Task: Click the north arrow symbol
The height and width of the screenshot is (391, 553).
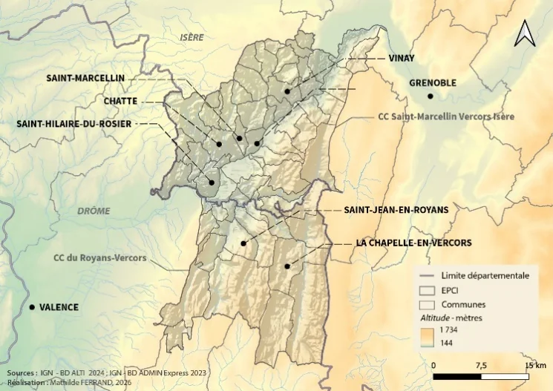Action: point(525,33)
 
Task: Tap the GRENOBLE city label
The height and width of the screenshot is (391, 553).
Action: point(433,83)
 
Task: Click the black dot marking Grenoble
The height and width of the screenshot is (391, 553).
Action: point(430,96)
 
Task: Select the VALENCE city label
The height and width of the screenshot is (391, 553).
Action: point(59,307)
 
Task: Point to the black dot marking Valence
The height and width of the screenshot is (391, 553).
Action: point(32,306)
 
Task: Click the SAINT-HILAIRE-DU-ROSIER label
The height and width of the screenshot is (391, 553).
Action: point(73,124)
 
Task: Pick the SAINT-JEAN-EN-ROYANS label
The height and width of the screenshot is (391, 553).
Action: point(396,210)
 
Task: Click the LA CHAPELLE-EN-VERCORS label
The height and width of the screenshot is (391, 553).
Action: point(413,243)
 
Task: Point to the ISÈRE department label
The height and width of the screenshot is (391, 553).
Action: point(192,36)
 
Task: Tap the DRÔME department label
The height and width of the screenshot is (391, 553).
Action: point(94,211)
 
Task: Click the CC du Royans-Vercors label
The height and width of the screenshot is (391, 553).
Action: point(99,259)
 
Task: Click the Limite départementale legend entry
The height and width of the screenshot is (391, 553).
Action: point(480,276)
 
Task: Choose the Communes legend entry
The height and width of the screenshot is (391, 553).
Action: point(463,304)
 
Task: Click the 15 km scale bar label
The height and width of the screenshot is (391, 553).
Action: point(534,365)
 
